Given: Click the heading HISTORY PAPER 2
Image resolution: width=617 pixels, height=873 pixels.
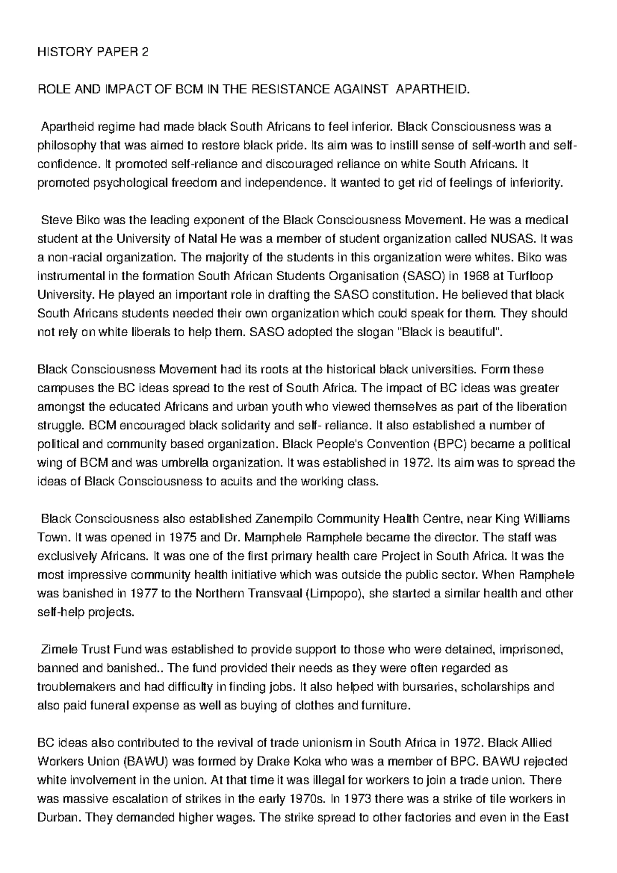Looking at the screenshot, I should (93, 52).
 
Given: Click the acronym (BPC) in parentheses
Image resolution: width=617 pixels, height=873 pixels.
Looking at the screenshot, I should (449, 444).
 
